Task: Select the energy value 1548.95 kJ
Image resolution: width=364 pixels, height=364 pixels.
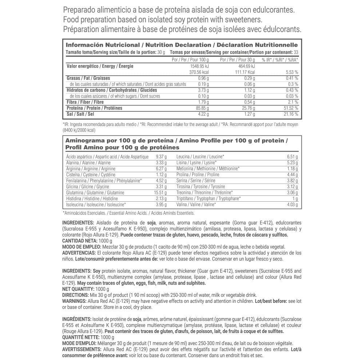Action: tap(198, 66)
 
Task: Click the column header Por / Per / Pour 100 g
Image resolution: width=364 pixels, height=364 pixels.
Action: tap(191, 60)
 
